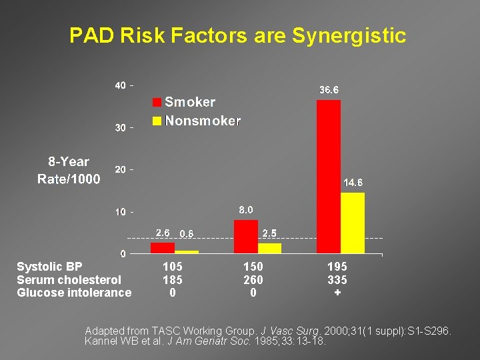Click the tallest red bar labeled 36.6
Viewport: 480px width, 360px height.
[x=329, y=177]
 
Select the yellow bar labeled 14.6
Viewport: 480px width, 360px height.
[x=353, y=223]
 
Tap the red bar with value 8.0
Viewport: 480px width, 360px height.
[x=246, y=237]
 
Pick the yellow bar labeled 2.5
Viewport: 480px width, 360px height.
[x=269, y=248]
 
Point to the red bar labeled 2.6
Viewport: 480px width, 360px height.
[x=163, y=247]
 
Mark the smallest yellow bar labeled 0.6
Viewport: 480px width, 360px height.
[x=187, y=251]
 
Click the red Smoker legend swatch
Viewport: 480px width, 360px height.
[x=157, y=102]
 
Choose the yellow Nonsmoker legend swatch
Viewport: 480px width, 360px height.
[x=157, y=121]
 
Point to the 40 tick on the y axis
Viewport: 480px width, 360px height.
[x=120, y=85]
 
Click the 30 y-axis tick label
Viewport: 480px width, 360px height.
[x=120, y=127]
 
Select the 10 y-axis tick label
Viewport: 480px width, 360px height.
[x=120, y=212]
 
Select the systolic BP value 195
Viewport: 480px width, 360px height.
[x=337, y=266]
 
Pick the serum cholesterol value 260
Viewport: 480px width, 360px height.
[x=253, y=279]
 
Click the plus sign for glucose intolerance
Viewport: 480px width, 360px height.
[x=337, y=293]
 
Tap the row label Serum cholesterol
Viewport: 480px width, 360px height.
[x=69, y=279]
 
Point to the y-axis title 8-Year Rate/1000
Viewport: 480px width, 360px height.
[x=69, y=170]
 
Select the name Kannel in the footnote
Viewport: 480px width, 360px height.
[x=102, y=341]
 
